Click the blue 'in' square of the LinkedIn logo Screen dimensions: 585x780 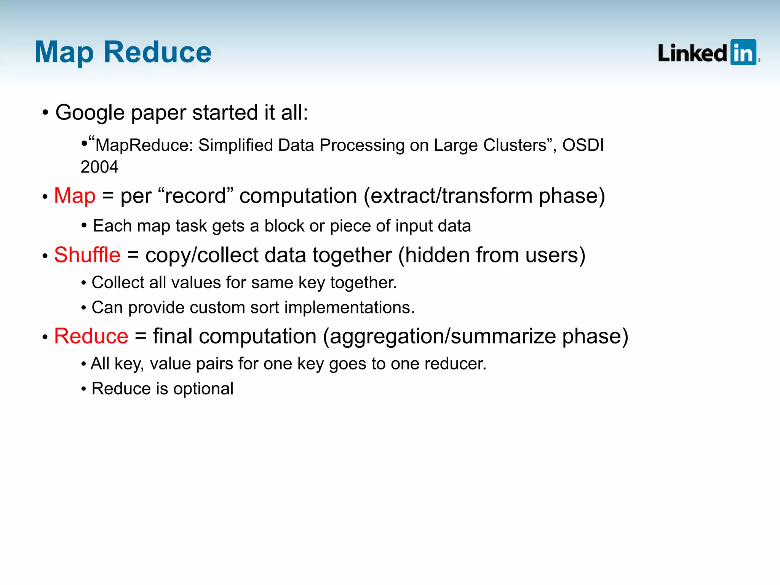[743, 53]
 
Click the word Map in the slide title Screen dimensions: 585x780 [64, 53]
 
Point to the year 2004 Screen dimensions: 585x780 [99, 167]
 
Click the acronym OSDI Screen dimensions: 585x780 [583, 145]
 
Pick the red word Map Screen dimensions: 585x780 [75, 196]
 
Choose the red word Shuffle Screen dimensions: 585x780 [87, 255]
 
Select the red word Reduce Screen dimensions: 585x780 [91, 336]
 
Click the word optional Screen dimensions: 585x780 [203, 389]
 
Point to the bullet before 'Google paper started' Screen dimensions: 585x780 [45, 113]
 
